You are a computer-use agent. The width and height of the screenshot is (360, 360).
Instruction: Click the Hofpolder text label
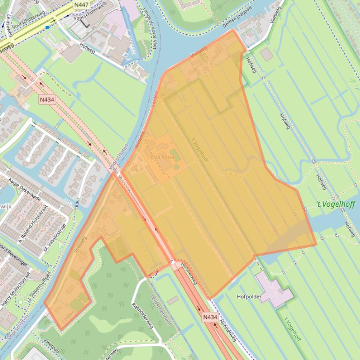point(249,296)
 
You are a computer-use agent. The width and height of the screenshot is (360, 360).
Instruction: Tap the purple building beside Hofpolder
point(275,290)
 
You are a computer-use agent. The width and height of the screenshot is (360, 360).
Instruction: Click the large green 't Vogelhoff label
point(335,204)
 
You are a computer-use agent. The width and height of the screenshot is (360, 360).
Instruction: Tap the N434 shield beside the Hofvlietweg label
point(210,317)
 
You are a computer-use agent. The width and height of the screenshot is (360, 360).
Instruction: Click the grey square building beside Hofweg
point(266,54)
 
